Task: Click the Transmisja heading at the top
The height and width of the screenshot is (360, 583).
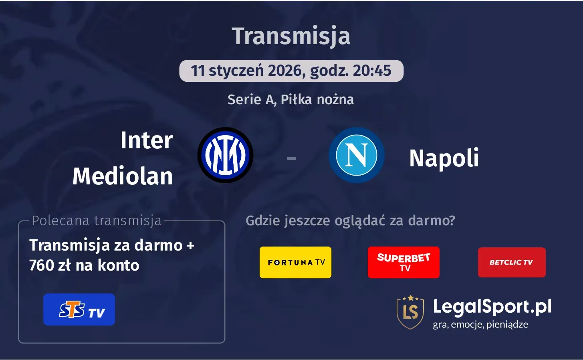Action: coord(291,36)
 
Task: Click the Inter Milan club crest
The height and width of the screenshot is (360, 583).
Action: coord(225,155)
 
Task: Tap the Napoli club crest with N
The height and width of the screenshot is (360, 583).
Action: coord(356,155)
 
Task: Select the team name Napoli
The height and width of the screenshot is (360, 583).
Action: coord(444,158)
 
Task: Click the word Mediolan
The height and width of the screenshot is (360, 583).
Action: coord(123,176)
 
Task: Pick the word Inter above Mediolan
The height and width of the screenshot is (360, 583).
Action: coord(147,140)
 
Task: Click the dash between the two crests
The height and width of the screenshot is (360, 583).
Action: coord(291,158)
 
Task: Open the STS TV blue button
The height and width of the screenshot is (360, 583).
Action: coord(79,309)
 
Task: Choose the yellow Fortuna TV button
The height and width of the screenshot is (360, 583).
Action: coord(295,262)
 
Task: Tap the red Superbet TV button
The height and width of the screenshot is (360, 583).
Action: coord(403,262)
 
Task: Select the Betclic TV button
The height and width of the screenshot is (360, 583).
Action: coord(512,262)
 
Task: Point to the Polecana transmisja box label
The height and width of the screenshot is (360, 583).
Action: coord(97,221)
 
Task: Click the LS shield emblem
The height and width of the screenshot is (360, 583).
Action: coord(410,312)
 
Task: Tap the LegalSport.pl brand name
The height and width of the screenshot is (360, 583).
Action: coord(492,307)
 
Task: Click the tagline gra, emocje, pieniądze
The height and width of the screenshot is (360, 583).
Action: coord(480,325)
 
